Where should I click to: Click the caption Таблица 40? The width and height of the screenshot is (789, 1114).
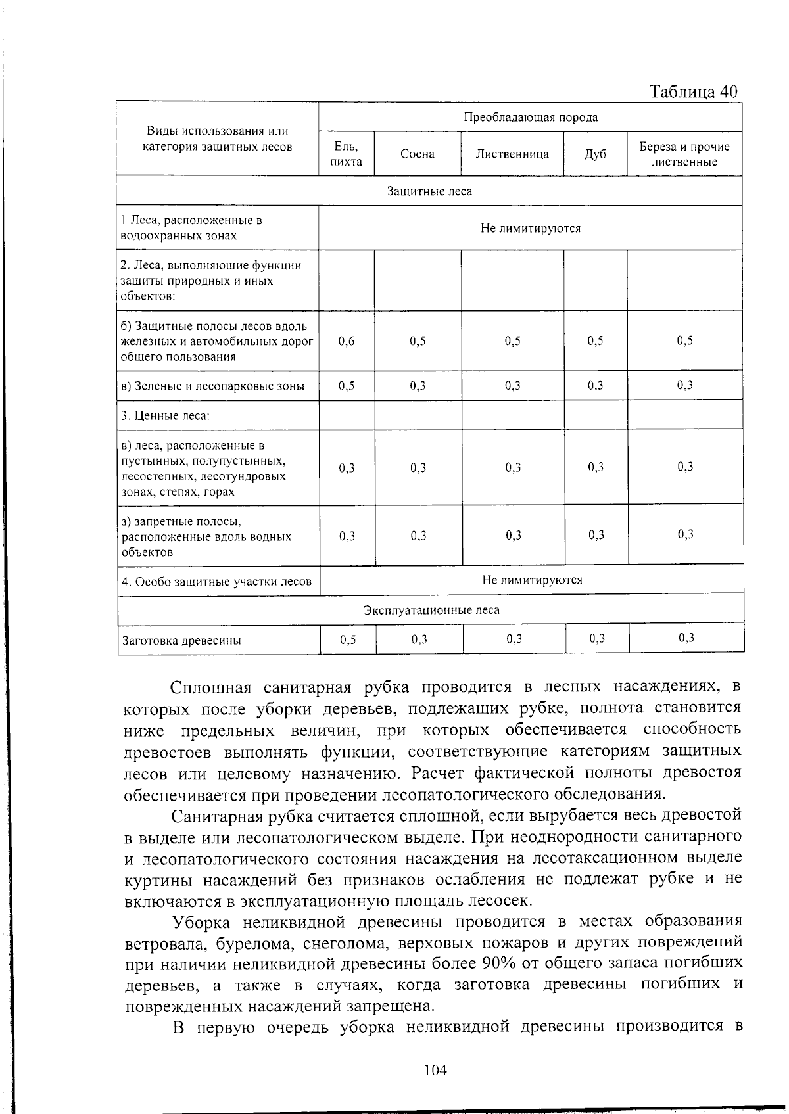pyautogui.click(x=693, y=91)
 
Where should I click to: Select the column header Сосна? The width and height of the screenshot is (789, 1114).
pyautogui.click(x=418, y=154)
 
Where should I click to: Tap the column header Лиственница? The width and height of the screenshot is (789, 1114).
pyautogui.click(x=512, y=154)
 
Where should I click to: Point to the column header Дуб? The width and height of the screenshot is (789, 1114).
pyautogui.click(x=595, y=154)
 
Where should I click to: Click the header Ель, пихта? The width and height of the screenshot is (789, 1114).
pyautogui.click(x=347, y=154)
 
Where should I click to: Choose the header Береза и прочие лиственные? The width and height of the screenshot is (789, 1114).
pyautogui.click(x=684, y=154)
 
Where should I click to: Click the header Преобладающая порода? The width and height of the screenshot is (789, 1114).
pyautogui.click(x=531, y=117)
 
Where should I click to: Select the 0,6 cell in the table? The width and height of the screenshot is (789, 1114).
pyautogui.click(x=347, y=341)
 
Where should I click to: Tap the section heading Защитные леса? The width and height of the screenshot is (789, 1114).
pyautogui.click(x=429, y=191)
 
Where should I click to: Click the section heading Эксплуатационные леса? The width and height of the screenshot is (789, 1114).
pyautogui.click(x=431, y=610)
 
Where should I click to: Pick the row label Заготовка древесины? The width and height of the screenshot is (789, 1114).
pyautogui.click(x=181, y=640)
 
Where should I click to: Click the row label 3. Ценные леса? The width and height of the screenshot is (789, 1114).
pyautogui.click(x=165, y=415)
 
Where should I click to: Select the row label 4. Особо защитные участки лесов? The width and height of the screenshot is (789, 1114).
pyautogui.click(x=216, y=581)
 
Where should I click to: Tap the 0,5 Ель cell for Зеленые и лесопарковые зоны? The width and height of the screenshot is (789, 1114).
pyautogui.click(x=347, y=386)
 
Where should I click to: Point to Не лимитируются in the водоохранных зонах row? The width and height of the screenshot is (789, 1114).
pyautogui.click(x=531, y=228)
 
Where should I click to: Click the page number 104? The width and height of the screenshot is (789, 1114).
pyautogui.click(x=435, y=1070)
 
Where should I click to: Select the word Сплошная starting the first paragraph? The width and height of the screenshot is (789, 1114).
pyautogui.click(x=211, y=687)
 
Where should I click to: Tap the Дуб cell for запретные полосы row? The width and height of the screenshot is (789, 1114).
pyautogui.click(x=596, y=535)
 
